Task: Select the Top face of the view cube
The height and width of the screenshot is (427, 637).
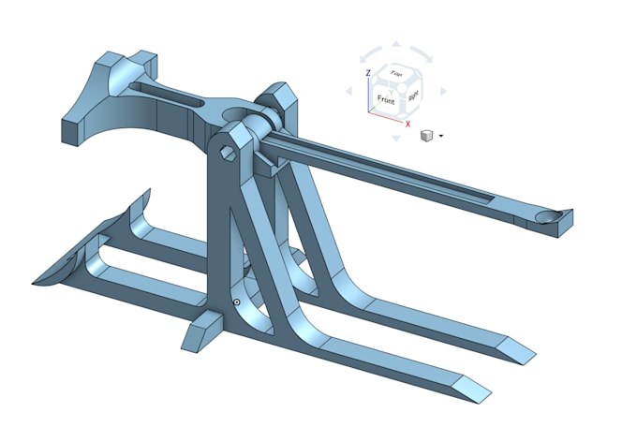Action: pyautogui.click(x=397, y=73)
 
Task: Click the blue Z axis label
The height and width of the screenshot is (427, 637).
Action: pyautogui.click(x=368, y=72)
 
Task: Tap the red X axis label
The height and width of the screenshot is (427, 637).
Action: pyautogui.click(x=407, y=123)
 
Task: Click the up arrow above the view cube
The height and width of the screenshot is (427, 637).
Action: pyautogui.click(x=395, y=45)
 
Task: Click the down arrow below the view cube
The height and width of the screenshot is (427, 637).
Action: pyautogui.click(x=396, y=138)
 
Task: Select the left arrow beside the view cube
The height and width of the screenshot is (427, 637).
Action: pyautogui.click(x=349, y=92)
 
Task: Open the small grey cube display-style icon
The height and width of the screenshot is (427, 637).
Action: pyautogui.click(x=426, y=136)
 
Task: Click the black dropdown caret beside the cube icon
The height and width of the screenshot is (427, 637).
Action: pyautogui.click(x=440, y=136)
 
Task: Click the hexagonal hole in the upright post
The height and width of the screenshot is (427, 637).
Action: pyautogui.click(x=228, y=151)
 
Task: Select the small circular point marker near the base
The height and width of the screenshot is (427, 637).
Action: pyautogui.click(x=237, y=302)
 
